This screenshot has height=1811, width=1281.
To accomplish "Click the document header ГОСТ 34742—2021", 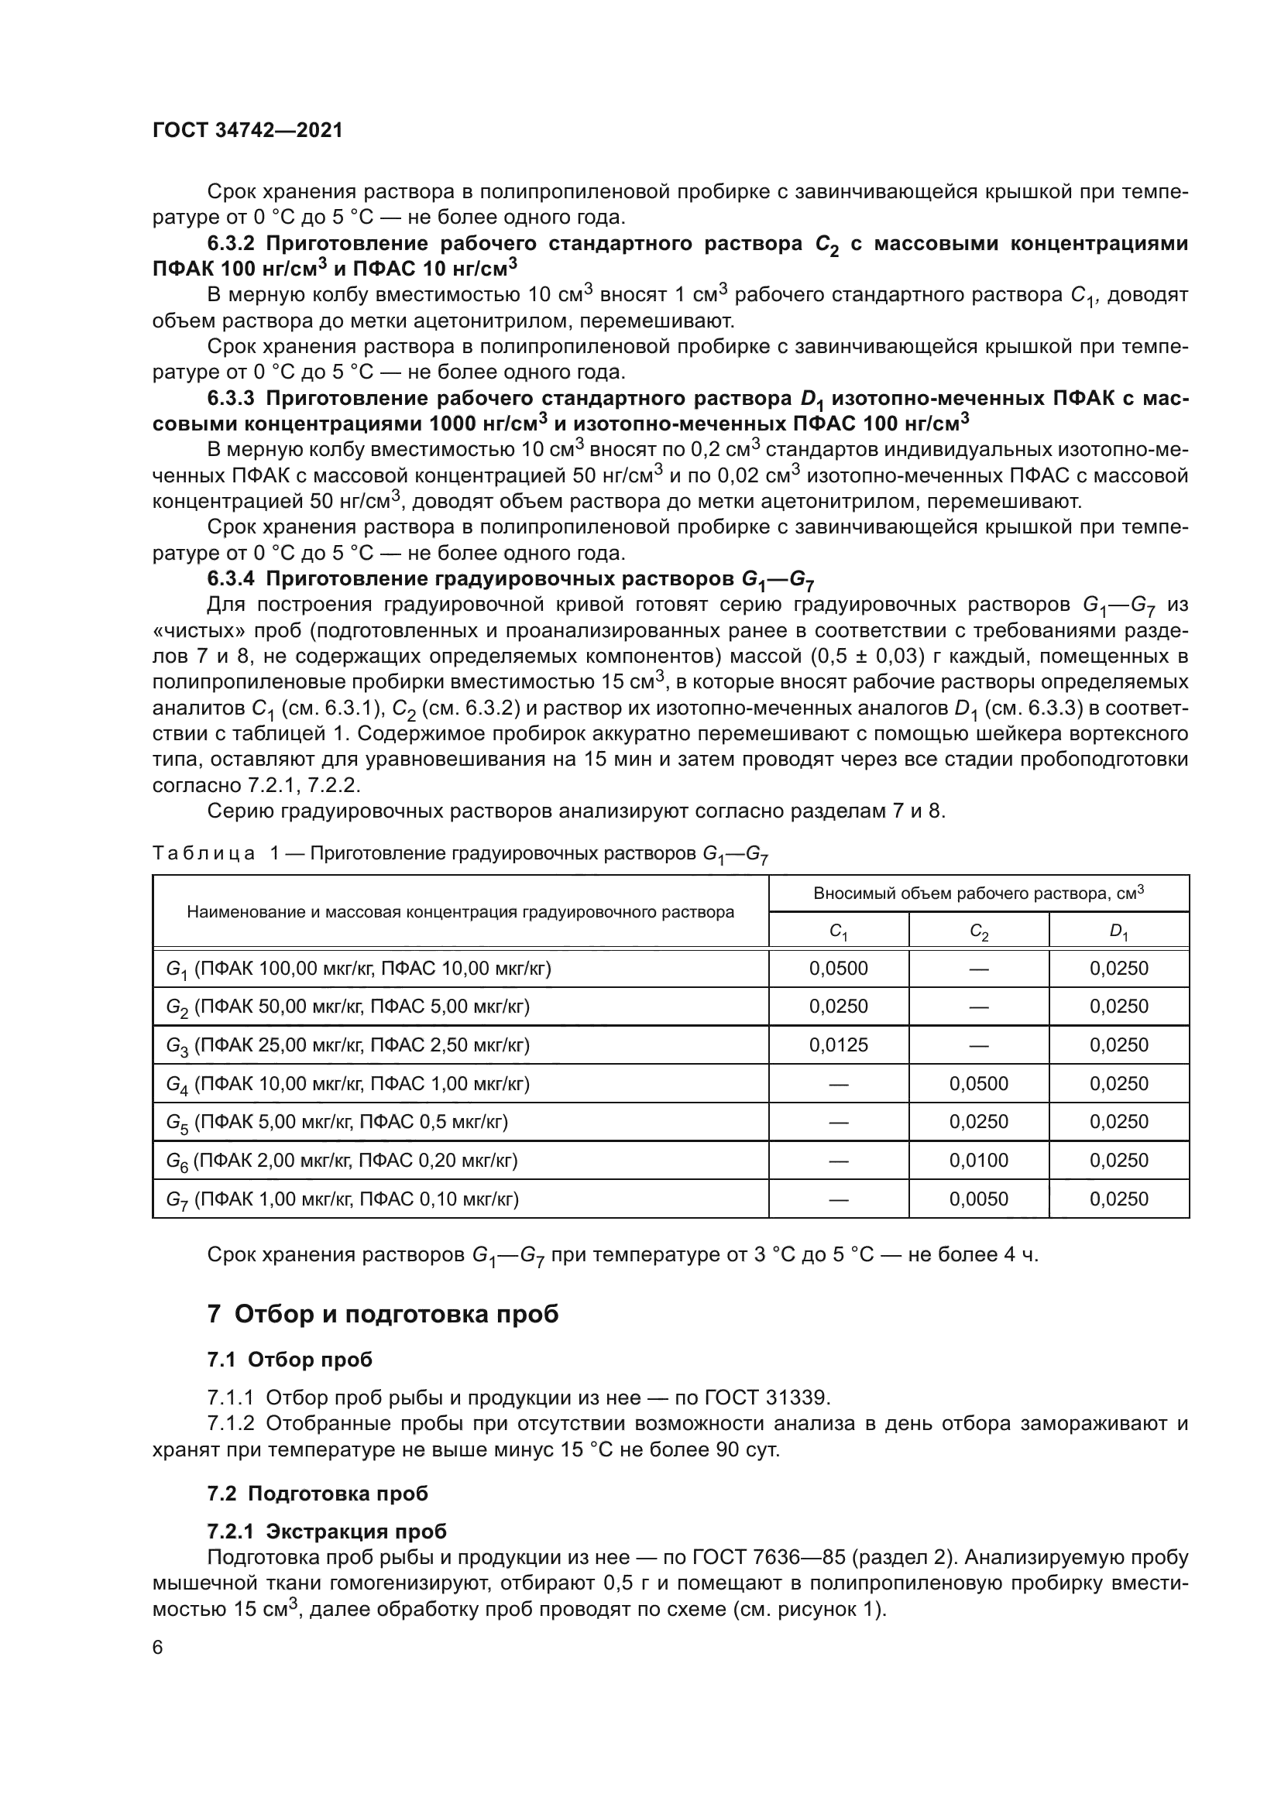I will click(x=248, y=131).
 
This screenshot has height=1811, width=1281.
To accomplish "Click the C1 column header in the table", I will click(x=838, y=931).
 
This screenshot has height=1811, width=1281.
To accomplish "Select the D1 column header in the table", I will click(x=1118, y=931).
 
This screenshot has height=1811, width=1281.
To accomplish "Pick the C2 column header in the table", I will click(x=978, y=931).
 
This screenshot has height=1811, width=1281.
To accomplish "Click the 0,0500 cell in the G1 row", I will click(x=838, y=969).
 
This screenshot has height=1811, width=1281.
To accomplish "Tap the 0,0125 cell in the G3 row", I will click(x=838, y=1045).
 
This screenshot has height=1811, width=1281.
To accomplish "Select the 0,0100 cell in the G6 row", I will click(x=978, y=1161).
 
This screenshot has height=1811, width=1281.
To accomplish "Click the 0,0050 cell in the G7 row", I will click(x=978, y=1199).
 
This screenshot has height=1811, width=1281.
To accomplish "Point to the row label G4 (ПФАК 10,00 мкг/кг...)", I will click(x=347, y=1084).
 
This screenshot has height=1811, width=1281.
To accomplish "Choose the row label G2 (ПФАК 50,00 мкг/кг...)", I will click(x=347, y=1007).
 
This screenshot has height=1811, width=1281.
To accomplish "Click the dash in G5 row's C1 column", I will click(x=838, y=1123).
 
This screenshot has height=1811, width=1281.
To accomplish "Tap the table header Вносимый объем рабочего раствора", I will click(x=978, y=893).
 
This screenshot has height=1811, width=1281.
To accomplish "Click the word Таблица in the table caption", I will click(x=204, y=853).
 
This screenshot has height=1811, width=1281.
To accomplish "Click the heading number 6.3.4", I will click(x=230, y=579).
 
